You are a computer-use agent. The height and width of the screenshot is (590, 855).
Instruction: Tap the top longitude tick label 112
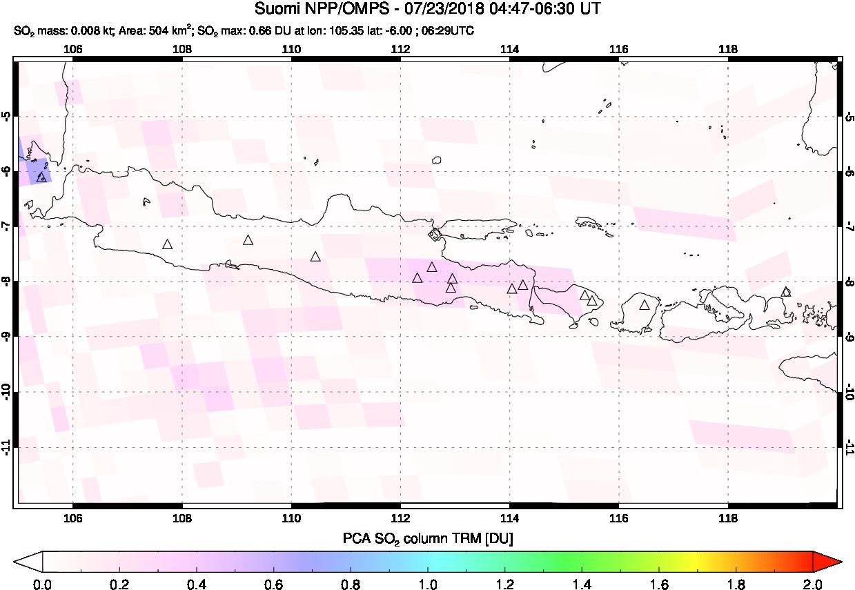point(400,49)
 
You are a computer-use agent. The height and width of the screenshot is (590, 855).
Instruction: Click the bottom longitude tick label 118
point(727,519)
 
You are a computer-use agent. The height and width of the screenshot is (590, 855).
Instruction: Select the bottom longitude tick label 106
point(72,519)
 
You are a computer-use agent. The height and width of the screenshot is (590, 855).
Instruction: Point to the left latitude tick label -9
point(6,337)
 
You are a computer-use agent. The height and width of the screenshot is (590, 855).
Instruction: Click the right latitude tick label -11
point(849,448)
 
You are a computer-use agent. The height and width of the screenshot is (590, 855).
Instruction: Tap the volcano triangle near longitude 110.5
point(315,257)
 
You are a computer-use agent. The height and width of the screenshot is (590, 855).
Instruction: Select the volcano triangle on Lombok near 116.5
point(645,305)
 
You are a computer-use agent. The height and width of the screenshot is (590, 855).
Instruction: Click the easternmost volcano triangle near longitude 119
point(786,292)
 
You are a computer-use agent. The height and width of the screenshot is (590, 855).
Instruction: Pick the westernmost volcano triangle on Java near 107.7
point(167,244)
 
